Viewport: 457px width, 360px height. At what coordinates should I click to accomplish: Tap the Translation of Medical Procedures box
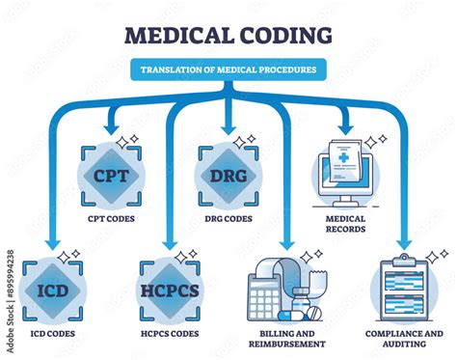(228, 69)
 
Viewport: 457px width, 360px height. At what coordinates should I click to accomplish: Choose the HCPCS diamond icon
(170, 289)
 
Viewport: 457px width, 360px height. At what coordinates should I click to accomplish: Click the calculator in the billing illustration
(263, 294)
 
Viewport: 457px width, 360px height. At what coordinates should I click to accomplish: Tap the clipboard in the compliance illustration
(404, 289)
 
